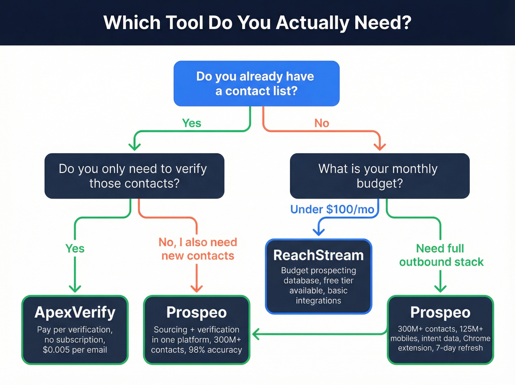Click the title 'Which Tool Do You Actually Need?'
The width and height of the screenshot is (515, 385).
point(257,22)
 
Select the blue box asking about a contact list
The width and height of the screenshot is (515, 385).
point(256,84)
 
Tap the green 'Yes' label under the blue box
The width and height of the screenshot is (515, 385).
point(192,123)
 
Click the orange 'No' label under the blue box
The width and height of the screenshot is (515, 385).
point(322,123)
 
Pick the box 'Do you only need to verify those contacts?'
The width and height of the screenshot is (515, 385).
point(134,176)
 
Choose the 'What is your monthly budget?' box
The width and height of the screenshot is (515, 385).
point(380,176)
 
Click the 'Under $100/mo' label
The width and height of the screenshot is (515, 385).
point(332,209)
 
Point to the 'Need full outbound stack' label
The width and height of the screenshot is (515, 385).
point(441,255)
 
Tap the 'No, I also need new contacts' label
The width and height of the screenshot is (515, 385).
point(198,249)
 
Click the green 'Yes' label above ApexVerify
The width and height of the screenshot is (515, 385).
point(75,249)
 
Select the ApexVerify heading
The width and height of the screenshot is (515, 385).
point(75,312)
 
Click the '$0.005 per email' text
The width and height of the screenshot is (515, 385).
point(75,350)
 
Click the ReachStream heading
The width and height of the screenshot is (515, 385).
point(319,255)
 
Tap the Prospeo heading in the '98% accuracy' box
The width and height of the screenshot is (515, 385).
point(196,312)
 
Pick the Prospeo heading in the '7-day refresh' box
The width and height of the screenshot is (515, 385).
point(440,312)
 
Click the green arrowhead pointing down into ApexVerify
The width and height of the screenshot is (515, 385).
point(75,288)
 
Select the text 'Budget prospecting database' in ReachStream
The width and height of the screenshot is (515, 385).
point(319,275)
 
